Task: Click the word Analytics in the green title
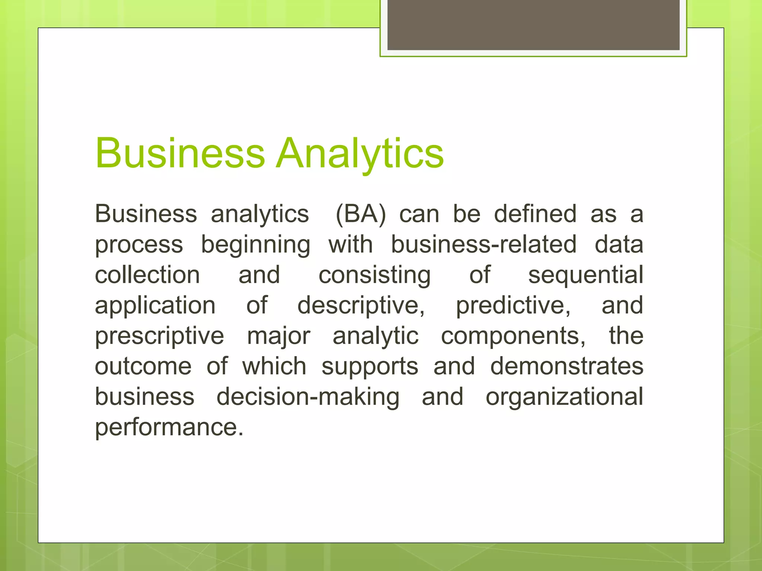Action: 360,154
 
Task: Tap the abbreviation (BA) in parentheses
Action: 361,214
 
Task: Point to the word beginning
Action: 256,245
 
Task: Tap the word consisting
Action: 375,276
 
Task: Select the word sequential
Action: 586,276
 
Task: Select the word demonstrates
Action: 567,366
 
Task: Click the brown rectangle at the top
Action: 533,25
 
